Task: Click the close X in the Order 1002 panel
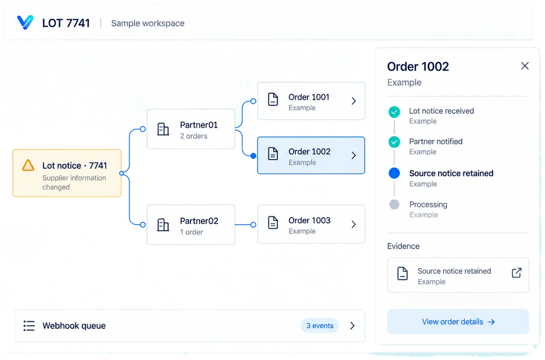pos(525,66)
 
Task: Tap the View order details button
pos(458,321)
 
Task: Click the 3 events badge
pos(320,326)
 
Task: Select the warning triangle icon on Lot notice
pos(28,165)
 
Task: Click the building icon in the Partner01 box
pos(163,129)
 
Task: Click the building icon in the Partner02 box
pos(163,225)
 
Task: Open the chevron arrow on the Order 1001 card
pos(353,101)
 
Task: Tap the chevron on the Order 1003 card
pos(353,224)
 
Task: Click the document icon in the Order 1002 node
pos(273,153)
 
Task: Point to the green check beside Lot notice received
pos(394,112)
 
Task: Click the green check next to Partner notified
pos(394,142)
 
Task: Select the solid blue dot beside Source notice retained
pos(394,173)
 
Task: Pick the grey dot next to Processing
pos(394,204)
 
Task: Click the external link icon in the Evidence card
pos(516,273)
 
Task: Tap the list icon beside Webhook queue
pos(29,326)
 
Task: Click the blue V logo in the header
pos(25,22)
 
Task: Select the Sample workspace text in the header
pos(148,23)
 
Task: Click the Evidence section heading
pos(403,246)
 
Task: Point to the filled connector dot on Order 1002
pos(253,156)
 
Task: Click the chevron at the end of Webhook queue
pos(352,326)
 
